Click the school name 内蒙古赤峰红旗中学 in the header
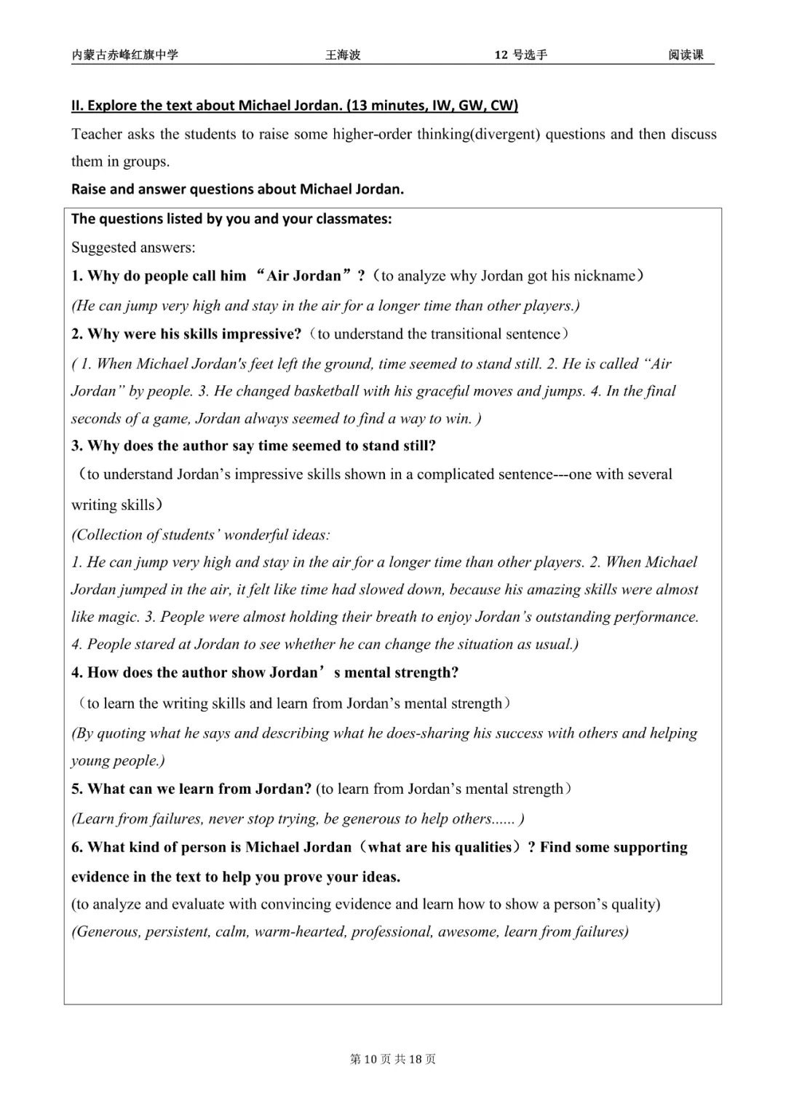(x=124, y=55)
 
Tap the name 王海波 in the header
(x=343, y=55)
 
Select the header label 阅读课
(x=686, y=55)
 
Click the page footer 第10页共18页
(x=393, y=1059)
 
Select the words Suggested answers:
(x=133, y=248)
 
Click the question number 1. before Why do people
(x=77, y=276)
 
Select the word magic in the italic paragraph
(x=117, y=617)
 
